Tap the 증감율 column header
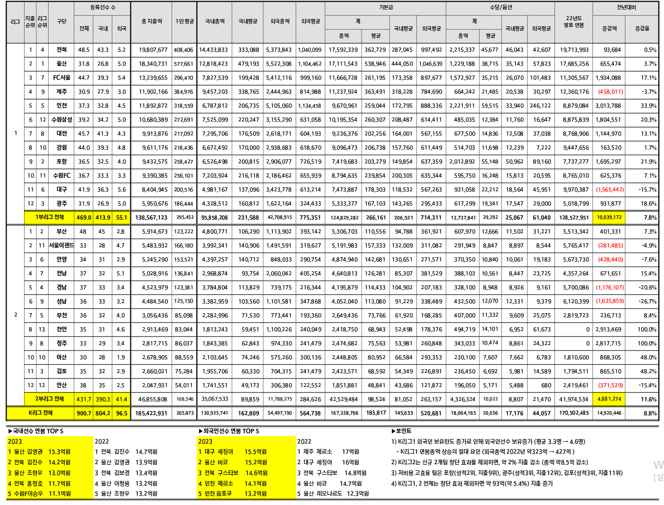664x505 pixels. tap(642, 28)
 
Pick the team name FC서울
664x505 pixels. tap(62, 77)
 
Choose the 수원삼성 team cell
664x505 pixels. tap(62, 119)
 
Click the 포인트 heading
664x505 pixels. tap(404, 431)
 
